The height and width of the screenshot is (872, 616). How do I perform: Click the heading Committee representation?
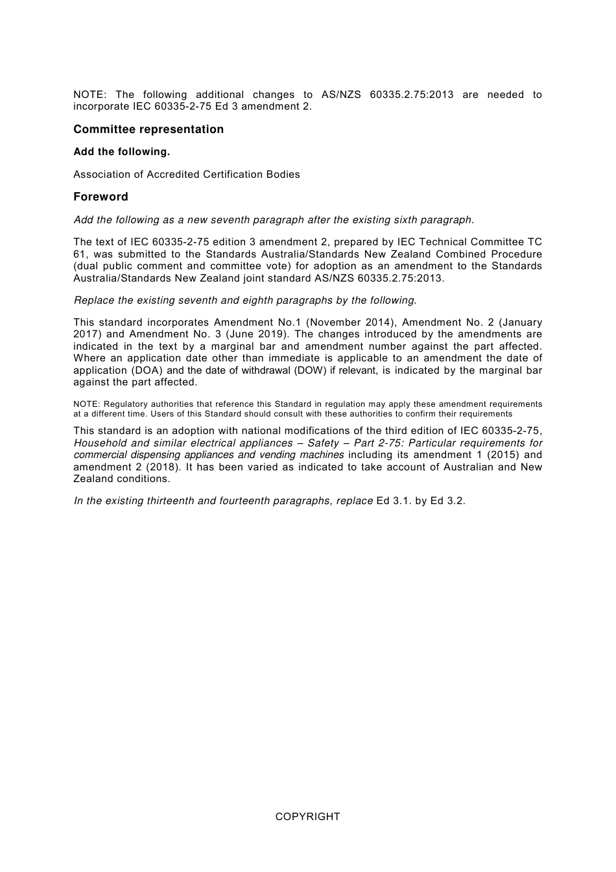(148, 129)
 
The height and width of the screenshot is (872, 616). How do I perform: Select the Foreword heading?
(101, 197)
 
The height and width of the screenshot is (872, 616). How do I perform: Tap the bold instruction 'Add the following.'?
(122, 152)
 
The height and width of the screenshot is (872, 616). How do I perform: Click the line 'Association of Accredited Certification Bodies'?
(187, 174)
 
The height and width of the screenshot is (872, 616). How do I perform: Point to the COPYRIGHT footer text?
(307, 817)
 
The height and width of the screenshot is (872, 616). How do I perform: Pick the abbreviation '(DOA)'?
(147, 370)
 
